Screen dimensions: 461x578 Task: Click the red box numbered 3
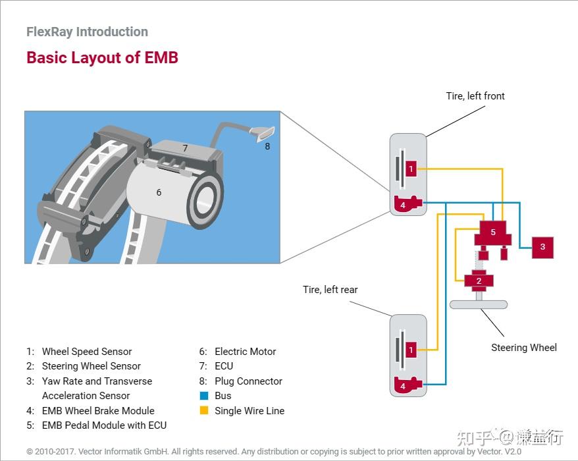pyautogui.click(x=542, y=247)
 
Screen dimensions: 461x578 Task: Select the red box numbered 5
pyautogui.click(x=493, y=232)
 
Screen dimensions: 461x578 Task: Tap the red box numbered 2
pyautogui.click(x=479, y=281)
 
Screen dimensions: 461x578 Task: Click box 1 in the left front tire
pyautogui.click(x=411, y=169)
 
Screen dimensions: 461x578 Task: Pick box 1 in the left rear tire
pyautogui.click(x=411, y=350)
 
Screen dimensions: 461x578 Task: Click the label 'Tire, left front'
pyautogui.click(x=475, y=96)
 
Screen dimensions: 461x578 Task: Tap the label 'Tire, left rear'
pyautogui.click(x=330, y=290)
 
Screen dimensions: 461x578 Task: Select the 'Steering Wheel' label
pyautogui.click(x=523, y=348)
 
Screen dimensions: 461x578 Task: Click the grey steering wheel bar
pyautogui.click(x=479, y=304)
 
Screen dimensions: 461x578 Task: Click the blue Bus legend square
pyautogui.click(x=203, y=396)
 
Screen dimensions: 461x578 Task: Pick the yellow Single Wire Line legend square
pyautogui.click(x=203, y=410)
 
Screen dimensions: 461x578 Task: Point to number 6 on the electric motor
pyautogui.click(x=159, y=192)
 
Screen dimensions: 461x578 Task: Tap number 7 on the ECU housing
pyautogui.click(x=185, y=148)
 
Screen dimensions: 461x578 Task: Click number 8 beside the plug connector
pyautogui.click(x=267, y=146)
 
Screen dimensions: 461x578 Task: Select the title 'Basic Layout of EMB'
pyautogui.click(x=102, y=57)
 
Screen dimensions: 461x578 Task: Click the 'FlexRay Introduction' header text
pyautogui.click(x=87, y=32)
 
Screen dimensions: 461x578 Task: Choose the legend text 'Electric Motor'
pyautogui.click(x=245, y=352)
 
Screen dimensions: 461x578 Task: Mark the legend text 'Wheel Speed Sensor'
pyautogui.click(x=87, y=352)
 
